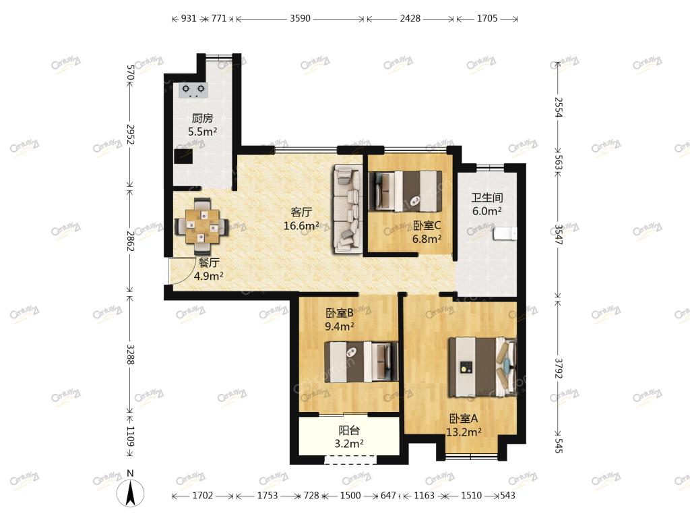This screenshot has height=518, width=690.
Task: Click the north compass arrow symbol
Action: click(130, 492)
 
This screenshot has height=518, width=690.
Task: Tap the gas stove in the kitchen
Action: click(193, 90)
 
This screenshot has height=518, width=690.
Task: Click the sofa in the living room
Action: click(348, 209)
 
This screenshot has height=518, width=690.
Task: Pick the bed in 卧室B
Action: click(361, 362)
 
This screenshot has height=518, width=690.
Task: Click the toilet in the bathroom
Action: click(504, 234)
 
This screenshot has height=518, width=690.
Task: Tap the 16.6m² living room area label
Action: click(301, 226)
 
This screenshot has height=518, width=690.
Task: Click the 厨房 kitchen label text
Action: click(202, 118)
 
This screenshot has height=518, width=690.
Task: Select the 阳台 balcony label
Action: click(349, 430)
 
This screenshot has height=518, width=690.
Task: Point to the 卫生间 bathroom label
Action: click(487, 198)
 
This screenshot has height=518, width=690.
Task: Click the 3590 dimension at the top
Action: click(300, 18)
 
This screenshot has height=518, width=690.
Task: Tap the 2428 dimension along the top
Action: click(410, 18)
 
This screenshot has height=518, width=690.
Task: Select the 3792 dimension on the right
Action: click(559, 368)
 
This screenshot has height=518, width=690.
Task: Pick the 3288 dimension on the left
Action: click(130, 353)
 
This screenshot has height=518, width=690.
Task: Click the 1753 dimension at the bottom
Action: click(268, 496)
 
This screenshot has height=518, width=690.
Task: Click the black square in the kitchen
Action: click(183, 156)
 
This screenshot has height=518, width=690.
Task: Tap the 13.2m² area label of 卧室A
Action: click(464, 432)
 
